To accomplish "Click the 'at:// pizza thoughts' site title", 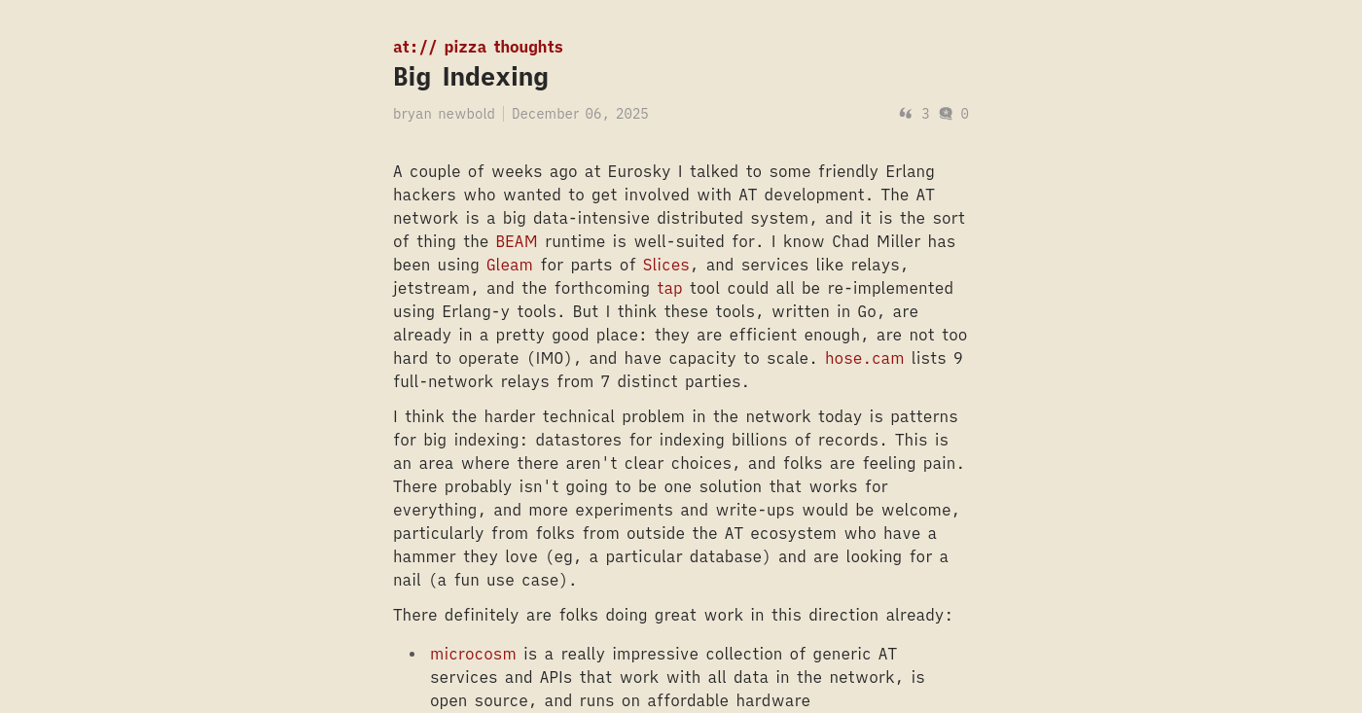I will coord(478,47).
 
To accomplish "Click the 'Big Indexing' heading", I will coord(471,77).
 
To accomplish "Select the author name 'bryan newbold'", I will coord(444,114).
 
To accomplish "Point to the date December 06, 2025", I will coord(580,114).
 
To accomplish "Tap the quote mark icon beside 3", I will coord(906,114).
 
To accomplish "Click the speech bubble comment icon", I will coord(946,114).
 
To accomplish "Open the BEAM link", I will coord(517,241).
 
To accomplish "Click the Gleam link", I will coord(510,265).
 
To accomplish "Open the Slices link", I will coord(666,265).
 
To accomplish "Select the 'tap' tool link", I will coord(669,288).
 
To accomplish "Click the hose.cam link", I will coord(864,358).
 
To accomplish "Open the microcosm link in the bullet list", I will coord(473,654).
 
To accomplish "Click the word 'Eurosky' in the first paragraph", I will coord(639,171).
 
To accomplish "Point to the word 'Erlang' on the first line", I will coord(911,171).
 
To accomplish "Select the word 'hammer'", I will coord(423,556).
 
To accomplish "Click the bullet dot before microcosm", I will coord(412,655).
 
